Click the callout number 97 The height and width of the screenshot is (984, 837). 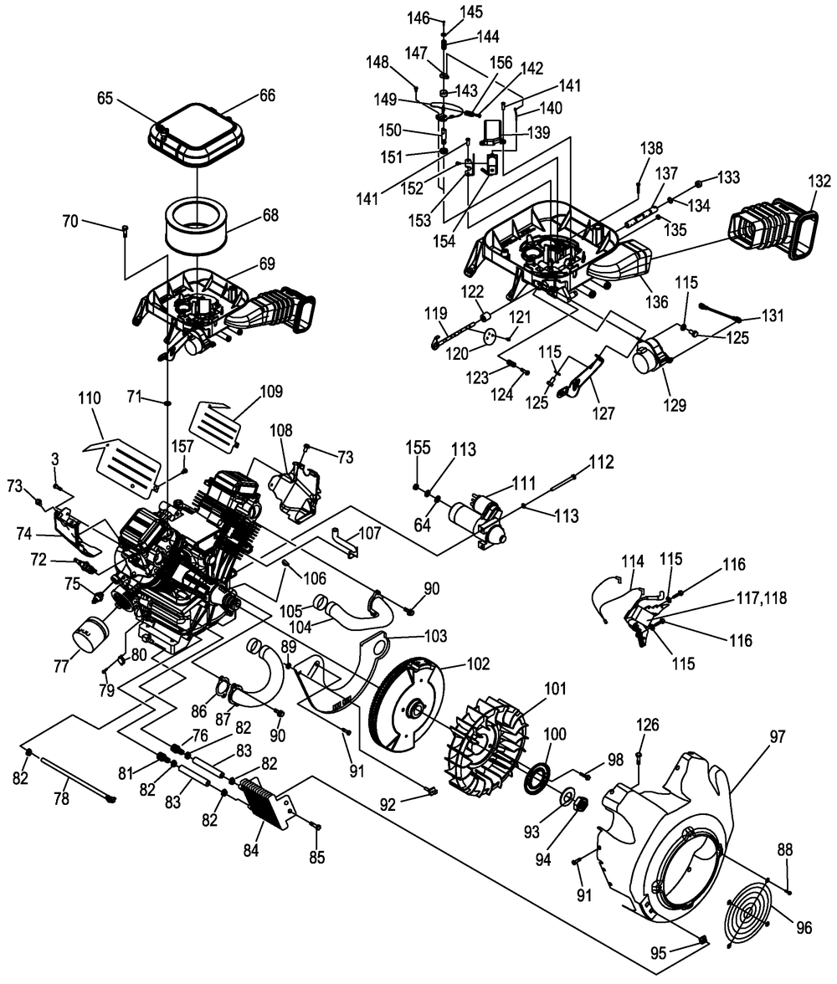coord(778,735)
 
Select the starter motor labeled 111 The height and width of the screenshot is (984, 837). coord(476,518)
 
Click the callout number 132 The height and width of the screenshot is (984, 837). coord(819,181)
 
